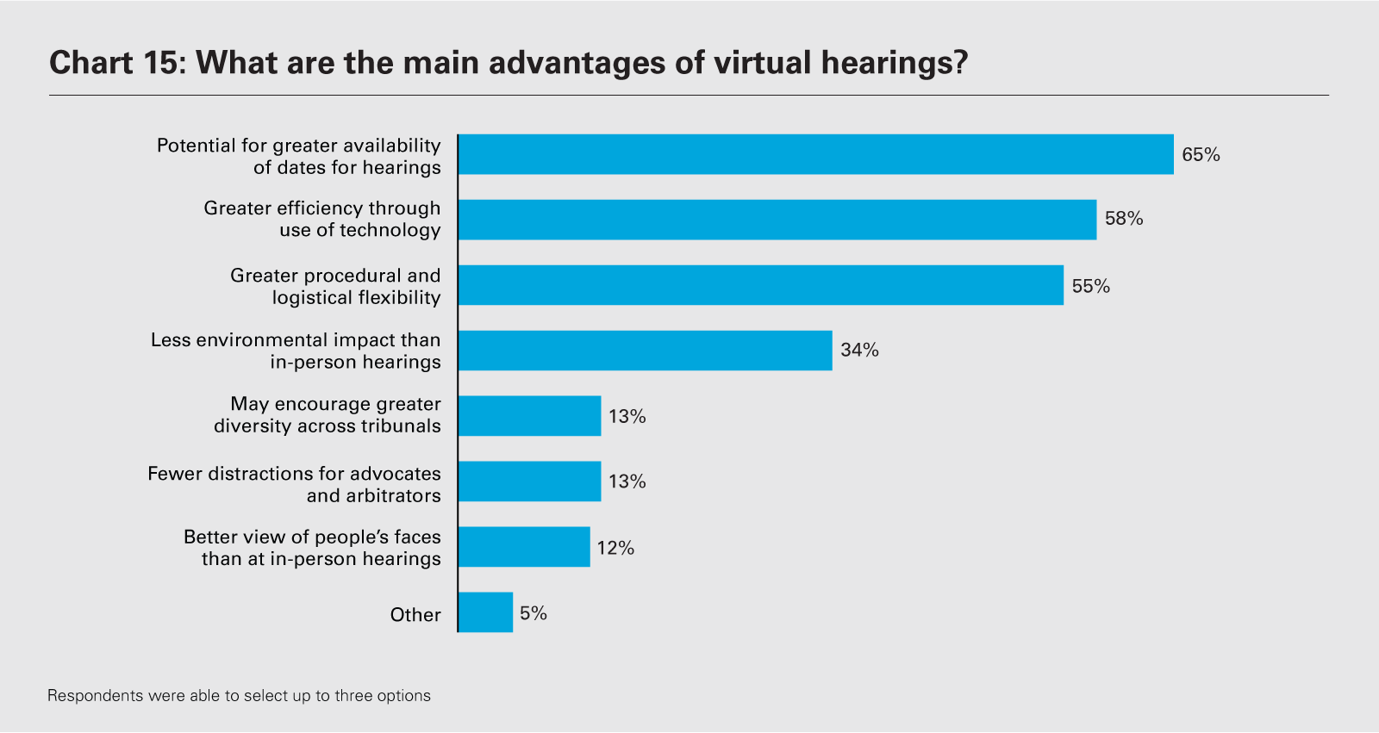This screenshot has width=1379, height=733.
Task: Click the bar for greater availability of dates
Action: point(815,154)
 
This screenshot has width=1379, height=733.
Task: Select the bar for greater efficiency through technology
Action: point(777,220)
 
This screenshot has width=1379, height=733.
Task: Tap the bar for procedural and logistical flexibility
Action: point(761,285)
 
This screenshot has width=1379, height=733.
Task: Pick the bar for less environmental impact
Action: point(646,351)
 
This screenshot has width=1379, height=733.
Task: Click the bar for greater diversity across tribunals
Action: point(530,416)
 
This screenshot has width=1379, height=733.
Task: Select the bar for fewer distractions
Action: point(530,481)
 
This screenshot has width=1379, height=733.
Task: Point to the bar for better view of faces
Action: point(524,547)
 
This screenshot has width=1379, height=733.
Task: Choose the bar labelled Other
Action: point(486,612)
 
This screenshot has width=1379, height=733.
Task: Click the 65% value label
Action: point(1201,155)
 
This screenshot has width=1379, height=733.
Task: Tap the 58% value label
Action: point(1124,219)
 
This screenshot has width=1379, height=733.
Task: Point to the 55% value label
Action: point(1090,286)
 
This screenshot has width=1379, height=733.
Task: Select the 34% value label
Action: point(859,350)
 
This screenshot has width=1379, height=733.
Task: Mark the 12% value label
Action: point(615,548)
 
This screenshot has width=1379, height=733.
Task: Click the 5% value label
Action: point(534,613)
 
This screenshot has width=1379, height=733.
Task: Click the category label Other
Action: point(415,615)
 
